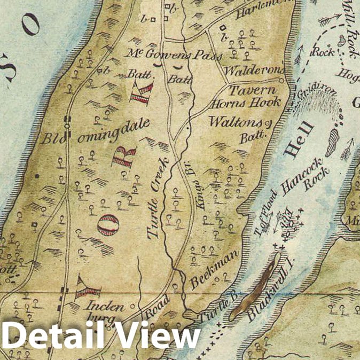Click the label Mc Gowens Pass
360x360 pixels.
[159, 53]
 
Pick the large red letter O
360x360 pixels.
[107, 225]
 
